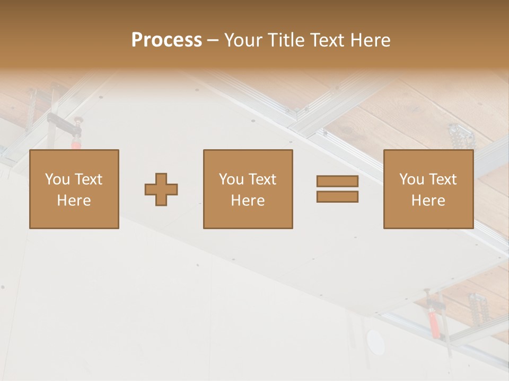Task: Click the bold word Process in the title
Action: click(166, 40)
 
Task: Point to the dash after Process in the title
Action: click(213, 41)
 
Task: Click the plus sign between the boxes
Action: click(161, 189)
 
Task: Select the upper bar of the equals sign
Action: click(337, 181)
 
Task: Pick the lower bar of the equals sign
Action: click(337, 196)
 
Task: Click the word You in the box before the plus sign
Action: click(57, 179)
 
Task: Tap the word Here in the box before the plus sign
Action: click(74, 201)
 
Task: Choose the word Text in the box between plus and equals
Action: click(262, 179)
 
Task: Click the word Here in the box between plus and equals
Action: click(248, 201)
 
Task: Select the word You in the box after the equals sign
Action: click(411, 179)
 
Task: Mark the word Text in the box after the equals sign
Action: click(443, 179)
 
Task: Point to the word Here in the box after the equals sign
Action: click(428, 201)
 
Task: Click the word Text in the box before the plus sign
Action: click(89, 179)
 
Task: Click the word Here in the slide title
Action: click(371, 40)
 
